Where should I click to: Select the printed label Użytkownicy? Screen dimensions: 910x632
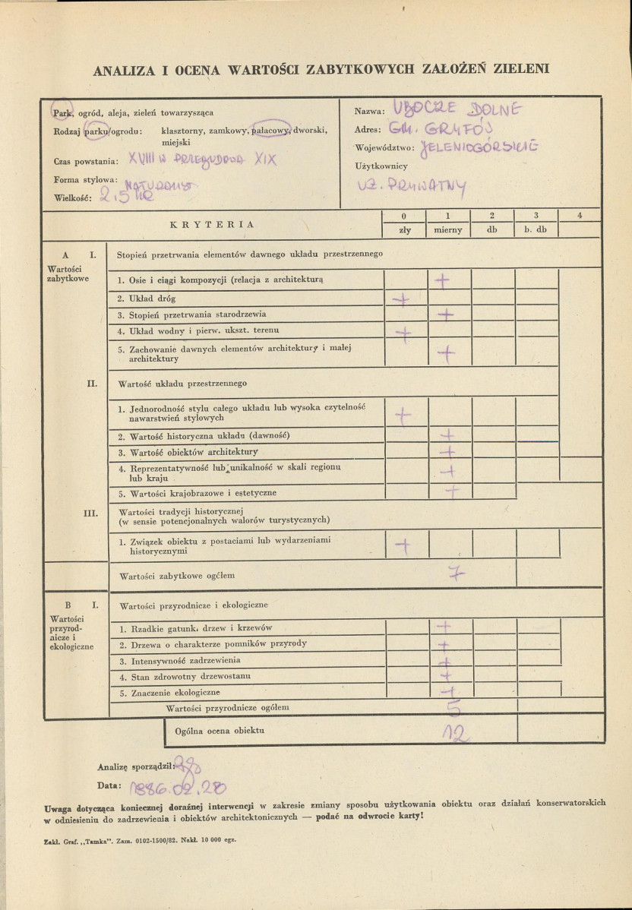(381, 166)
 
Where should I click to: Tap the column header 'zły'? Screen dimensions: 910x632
(405, 230)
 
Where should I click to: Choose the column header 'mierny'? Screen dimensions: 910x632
(448, 230)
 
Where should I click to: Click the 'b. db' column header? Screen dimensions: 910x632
(536, 230)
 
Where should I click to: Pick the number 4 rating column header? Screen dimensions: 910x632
(580, 216)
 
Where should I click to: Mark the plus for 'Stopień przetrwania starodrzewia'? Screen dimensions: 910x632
(447, 314)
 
